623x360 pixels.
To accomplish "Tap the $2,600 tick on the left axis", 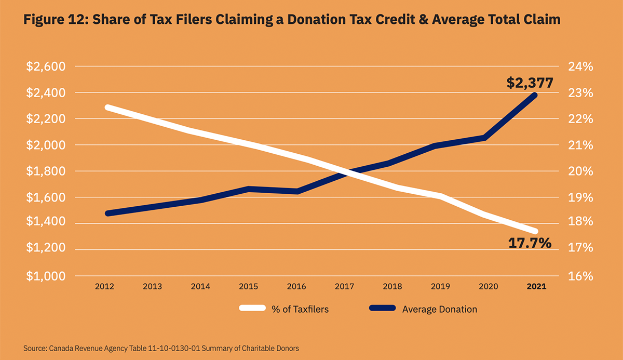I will [x=45, y=67].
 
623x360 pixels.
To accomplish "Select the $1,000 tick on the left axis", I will [x=45, y=276].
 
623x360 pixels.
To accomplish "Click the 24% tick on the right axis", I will [x=580, y=67].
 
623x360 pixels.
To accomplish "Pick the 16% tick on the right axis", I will [x=580, y=276].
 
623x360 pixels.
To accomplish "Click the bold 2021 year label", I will [x=536, y=286].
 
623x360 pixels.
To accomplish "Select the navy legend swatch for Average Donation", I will [x=383, y=309].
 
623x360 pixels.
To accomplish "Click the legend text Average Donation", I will [x=439, y=309].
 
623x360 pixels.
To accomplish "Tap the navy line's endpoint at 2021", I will [x=535, y=95].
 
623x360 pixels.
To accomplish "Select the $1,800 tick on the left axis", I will [x=45, y=171].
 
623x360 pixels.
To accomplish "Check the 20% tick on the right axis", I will [x=580, y=171].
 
